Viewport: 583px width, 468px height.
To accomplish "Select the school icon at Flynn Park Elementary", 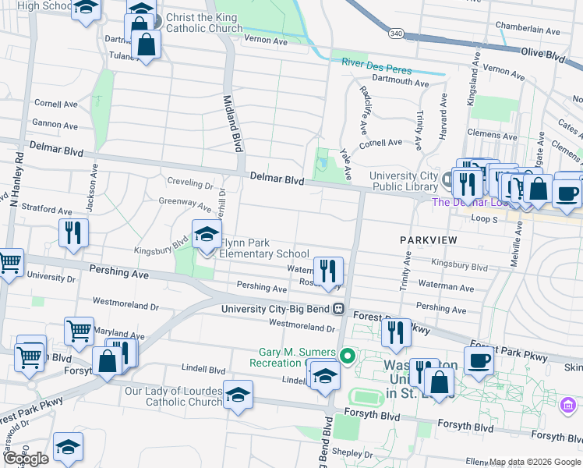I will pyautogui.click(x=207, y=234).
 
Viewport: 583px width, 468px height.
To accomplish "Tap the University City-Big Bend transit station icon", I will pyautogui.click(x=338, y=308).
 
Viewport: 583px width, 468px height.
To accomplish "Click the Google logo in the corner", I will pyautogui.click(x=25, y=459).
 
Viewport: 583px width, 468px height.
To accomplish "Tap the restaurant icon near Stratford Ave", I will pyautogui.click(x=74, y=232).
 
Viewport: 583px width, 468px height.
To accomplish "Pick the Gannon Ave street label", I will pyautogui.click(x=55, y=125).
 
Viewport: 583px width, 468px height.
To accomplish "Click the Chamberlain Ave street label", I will pyautogui.click(x=533, y=32).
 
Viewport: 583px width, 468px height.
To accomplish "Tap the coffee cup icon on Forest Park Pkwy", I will pyautogui.click(x=479, y=360).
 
